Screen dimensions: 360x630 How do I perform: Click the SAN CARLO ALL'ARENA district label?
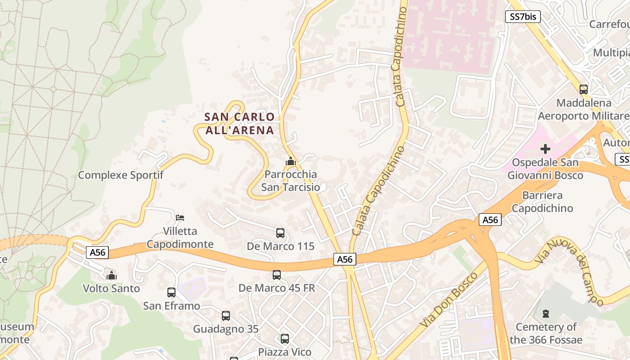239,123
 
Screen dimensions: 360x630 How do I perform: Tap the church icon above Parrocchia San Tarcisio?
291,161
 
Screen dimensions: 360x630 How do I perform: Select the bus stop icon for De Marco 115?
280,233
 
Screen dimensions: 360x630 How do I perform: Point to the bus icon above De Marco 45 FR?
277,274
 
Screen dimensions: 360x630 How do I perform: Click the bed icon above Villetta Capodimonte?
180,218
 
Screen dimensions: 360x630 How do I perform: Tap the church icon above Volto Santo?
112,275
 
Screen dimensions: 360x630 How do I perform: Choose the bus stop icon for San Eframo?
171,292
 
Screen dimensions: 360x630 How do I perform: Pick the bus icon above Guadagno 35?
226,316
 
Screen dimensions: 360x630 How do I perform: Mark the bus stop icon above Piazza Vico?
285,339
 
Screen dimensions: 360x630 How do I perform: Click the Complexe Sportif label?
121,175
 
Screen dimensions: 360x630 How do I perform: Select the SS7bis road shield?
522,17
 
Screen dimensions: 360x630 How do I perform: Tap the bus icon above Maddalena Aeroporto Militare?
584,89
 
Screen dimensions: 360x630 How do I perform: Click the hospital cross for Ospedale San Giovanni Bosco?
545,149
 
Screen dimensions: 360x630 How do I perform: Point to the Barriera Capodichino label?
542,202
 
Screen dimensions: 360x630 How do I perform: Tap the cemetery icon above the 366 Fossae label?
546,313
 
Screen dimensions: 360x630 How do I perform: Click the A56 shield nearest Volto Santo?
98,252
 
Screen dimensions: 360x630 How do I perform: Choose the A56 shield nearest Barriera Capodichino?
490,220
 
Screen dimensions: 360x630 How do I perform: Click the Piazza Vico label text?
284,352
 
